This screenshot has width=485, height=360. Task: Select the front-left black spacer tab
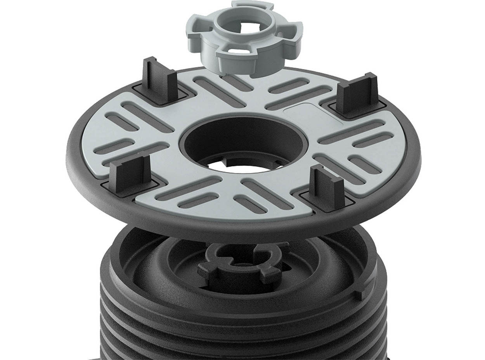[x=130, y=174]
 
